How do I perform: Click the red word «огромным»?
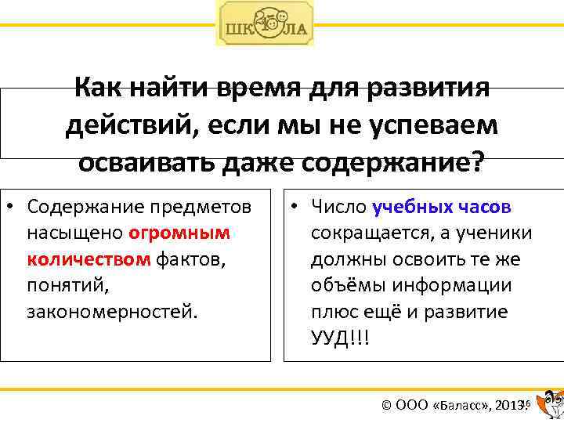[x=179, y=233]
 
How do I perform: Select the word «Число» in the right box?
[x=338, y=207]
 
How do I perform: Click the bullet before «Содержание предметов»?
[x=13, y=208]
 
